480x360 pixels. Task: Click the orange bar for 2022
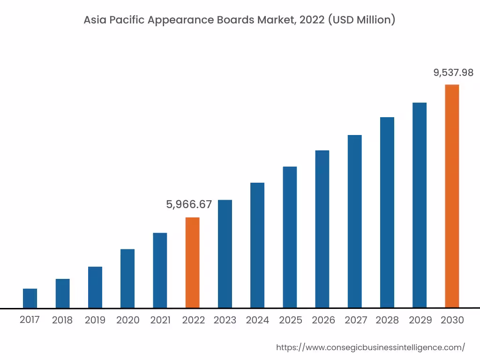coord(192,262)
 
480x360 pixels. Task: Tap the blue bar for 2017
coord(30,298)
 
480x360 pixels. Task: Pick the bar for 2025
coord(290,237)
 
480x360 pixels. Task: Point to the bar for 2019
coord(95,287)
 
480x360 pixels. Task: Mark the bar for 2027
coord(355,221)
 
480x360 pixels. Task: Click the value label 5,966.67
coord(189,204)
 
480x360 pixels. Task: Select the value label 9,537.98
coord(453,73)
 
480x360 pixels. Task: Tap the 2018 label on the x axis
coord(62,320)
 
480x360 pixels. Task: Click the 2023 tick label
coord(225,320)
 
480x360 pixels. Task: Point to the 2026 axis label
coord(323,320)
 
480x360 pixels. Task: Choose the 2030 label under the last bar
coord(452,320)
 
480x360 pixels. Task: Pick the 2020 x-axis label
coord(128,320)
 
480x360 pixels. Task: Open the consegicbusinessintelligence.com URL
coord(370,347)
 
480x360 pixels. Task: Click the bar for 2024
coord(257,245)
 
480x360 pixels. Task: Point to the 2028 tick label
coord(387,320)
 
